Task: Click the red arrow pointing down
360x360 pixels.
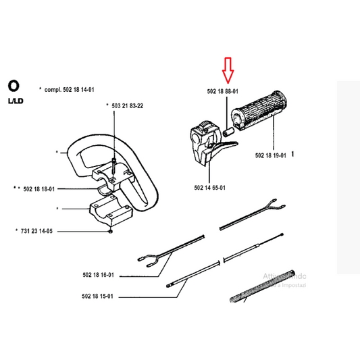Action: (x=228, y=70)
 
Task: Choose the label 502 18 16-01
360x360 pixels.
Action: (x=98, y=275)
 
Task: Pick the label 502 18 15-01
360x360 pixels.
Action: (x=98, y=296)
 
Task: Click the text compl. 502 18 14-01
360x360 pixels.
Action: (x=74, y=88)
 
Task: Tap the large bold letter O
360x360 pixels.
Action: (x=14, y=86)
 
